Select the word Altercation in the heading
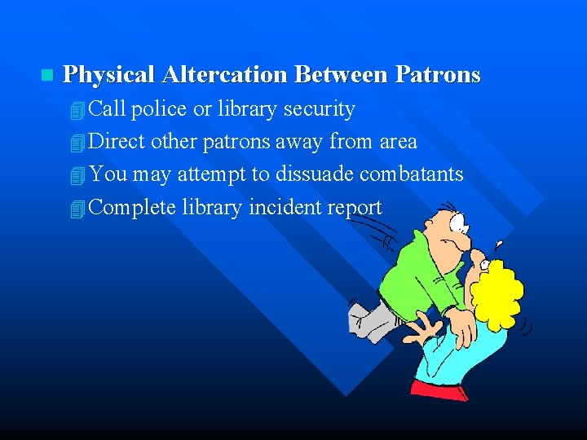pyautogui.click(x=225, y=75)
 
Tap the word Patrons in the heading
pyautogui.click(x=438, y=75)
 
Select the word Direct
pyautogui.click(x=116, y=142)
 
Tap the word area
pyautogui.click(x=398, y=142)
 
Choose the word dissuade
pyautogui.click(x=315, y=174)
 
